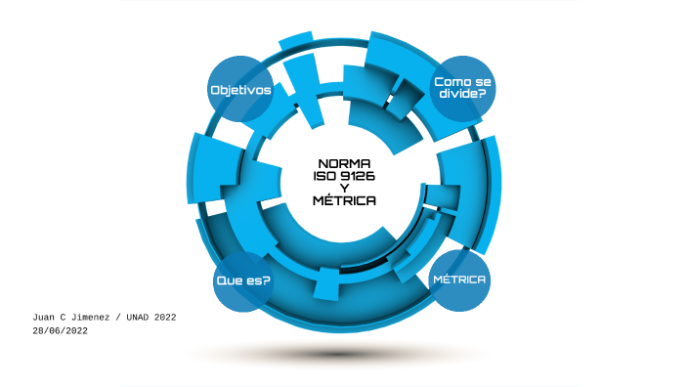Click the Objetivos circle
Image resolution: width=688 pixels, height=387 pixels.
[240, 90]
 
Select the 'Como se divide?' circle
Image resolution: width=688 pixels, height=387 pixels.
[462, 88]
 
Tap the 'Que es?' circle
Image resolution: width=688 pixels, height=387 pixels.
[242, 280]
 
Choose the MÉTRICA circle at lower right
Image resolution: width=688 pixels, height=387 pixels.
[459, 279]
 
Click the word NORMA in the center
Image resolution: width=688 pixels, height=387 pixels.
[344, 163]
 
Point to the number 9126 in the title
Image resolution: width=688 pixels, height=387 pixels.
[357, 176]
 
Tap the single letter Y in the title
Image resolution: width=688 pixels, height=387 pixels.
[344, 188]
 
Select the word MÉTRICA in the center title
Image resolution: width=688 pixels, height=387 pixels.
[344, 200]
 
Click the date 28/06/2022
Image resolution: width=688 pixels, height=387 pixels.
[61, 331]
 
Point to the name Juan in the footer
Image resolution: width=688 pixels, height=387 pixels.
[44, 318]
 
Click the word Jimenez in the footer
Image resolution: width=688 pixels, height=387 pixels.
[95, 318]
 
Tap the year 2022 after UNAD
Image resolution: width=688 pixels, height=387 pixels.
[165, 318]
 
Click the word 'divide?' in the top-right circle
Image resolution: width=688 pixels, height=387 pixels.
[462, 94]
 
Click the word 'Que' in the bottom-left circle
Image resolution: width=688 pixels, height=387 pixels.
[229, 281]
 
